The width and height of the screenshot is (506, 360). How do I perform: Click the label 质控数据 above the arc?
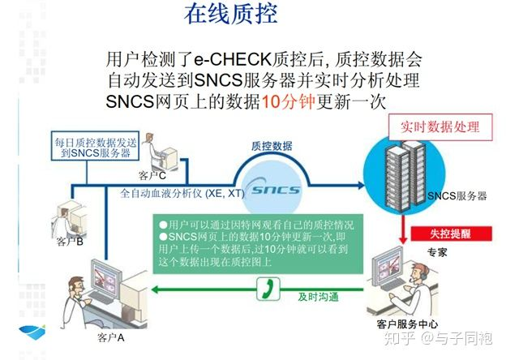271,146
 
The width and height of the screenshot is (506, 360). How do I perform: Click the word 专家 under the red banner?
437,252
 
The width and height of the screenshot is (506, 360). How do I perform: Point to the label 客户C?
152,175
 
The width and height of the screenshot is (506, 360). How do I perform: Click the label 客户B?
70,240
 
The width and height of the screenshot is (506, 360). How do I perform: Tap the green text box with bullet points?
258,242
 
